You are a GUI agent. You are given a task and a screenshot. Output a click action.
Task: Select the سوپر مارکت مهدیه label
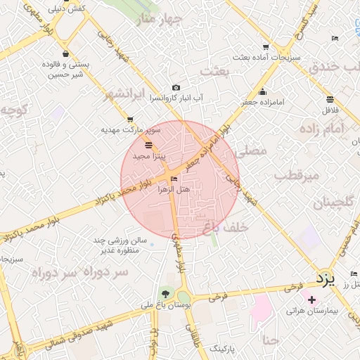[131, 130]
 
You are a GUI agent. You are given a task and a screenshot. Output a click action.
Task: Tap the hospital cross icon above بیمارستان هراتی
[312, 300]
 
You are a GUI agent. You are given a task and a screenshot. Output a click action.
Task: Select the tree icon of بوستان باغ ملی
[166, 293]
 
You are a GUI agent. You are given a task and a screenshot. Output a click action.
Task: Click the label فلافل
[330, 110]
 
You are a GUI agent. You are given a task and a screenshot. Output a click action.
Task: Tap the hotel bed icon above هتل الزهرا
[174, 179]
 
